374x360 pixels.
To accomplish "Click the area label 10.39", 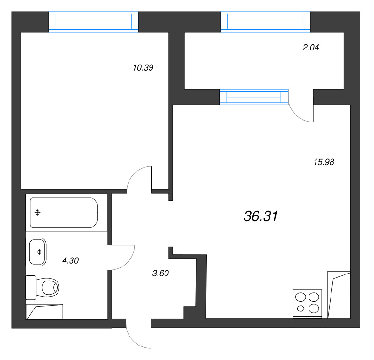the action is tap(143, 68).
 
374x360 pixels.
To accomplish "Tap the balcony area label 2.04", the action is tap(310, 48).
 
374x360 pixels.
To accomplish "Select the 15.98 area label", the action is tap(324, 162).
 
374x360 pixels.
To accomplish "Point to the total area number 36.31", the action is tap(261, 216).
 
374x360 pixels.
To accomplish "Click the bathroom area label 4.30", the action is tap(71, 260).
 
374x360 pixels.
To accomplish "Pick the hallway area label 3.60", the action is tap(160, 273).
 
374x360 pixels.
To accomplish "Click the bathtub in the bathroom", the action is tap(64, 212).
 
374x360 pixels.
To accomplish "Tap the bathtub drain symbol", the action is tap(37, 212).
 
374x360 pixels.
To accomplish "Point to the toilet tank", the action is tap(31, 288).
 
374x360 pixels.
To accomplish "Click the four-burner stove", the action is tap(307, 303).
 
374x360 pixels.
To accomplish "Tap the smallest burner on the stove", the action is tap(301, 309).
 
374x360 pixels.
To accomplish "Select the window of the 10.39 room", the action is tap(93, 22).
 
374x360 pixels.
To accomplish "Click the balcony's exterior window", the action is tap(265, 22).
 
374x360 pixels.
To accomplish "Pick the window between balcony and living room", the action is tap(254, 97).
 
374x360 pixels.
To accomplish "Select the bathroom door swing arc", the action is tap(128, 262).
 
